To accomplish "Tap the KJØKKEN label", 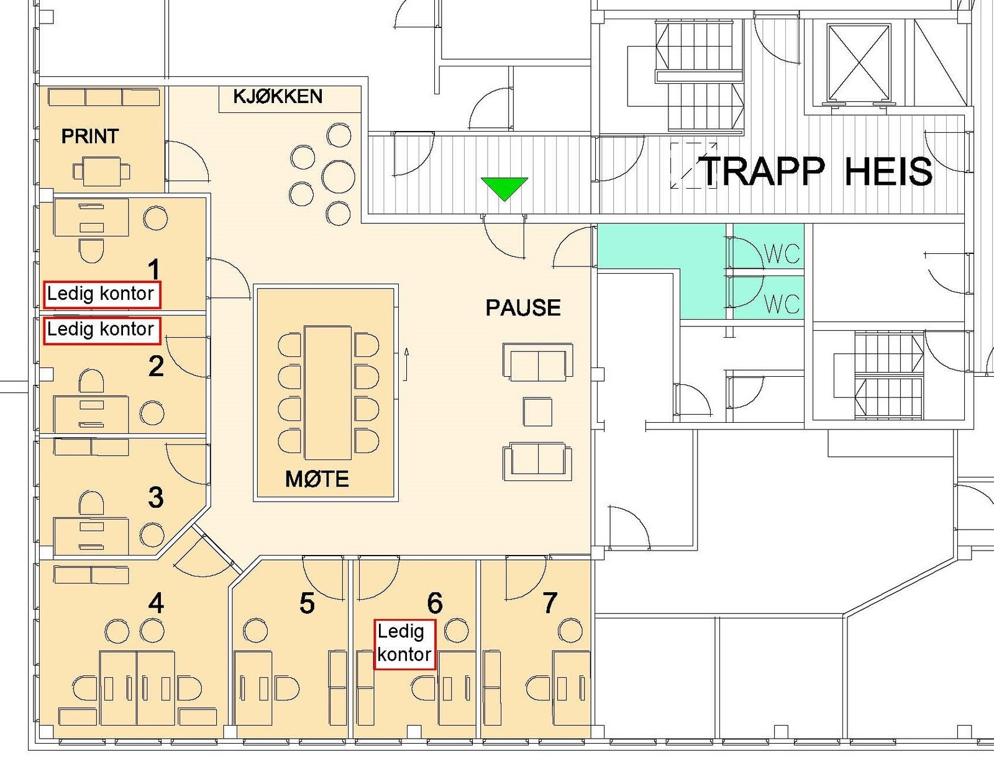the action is [x=278, y=96].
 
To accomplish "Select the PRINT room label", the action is [x=90, y=136].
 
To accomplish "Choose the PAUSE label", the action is [x=523, y=307].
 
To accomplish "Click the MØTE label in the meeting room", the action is [x=317, y=479].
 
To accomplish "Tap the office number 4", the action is [x=157, y=603].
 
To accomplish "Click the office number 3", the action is [x=155, y=497].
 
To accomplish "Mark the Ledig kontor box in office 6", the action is [x=405, y=644].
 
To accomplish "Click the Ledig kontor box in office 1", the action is [x=102, y=295].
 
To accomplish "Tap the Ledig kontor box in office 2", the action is [x=102, y=330].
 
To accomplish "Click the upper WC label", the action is [x=782, y=254].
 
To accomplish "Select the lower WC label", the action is [x=782, y=304].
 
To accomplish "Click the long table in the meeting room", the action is [x=328, y=392].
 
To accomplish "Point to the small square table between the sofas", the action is [x=538, y=412].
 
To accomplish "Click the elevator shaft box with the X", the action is [x=859, y=61].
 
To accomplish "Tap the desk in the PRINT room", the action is [x=101, y=171].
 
